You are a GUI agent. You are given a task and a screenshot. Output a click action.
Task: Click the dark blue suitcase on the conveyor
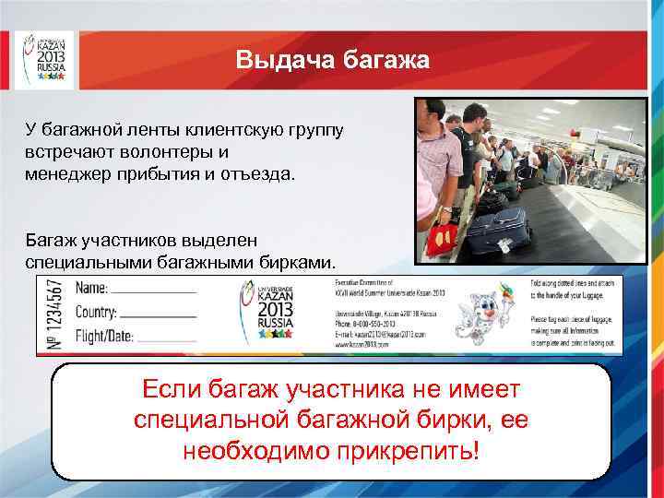(498, 231)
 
